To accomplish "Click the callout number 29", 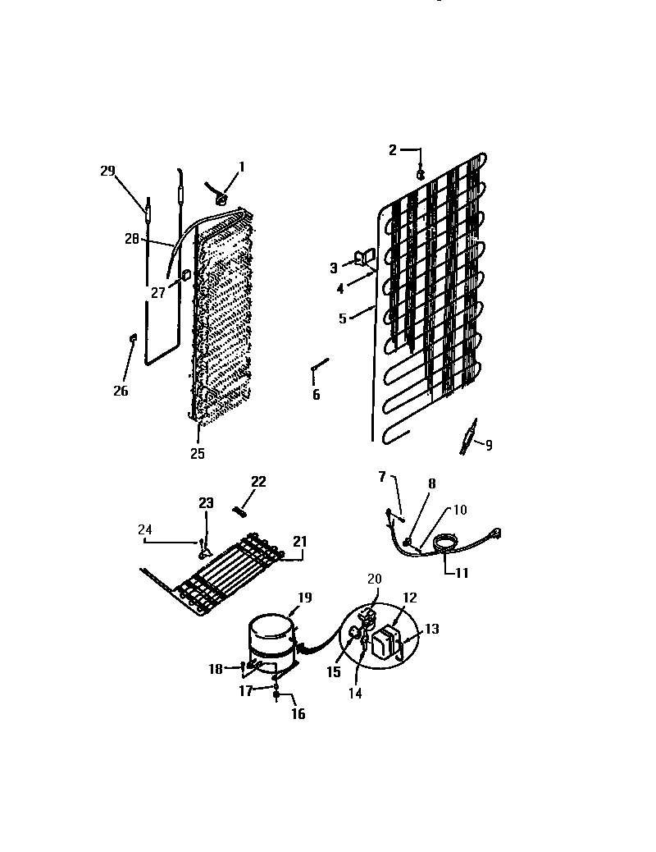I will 107,171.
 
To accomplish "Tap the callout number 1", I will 242,167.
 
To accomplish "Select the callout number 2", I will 393,149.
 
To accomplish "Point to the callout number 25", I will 198,453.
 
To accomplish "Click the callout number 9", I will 489,446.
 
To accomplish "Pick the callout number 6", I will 316,396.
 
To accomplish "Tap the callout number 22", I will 258,482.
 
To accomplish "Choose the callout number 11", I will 462,573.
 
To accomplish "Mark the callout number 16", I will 298,714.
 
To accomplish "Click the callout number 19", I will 304,598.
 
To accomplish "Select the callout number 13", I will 432,629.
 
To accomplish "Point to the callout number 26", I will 121,391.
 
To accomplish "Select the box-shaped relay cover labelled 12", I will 385,643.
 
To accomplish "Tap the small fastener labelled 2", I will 420,173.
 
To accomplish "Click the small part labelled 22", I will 241,511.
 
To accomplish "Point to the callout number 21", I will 300,541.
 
